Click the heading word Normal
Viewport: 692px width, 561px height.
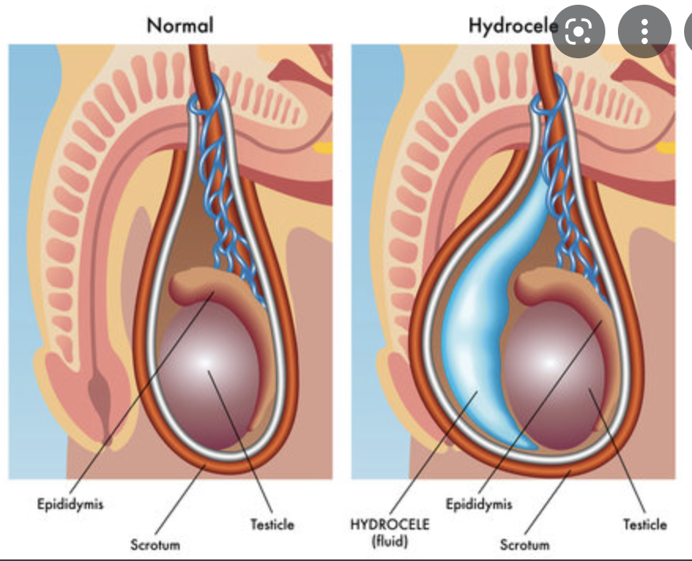(180, 25)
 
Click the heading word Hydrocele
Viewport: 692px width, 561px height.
(512, 25)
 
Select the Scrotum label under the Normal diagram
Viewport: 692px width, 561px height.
(155, 544)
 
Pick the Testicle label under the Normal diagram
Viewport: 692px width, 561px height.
(273, 524)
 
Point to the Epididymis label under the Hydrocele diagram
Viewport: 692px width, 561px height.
(478, 503)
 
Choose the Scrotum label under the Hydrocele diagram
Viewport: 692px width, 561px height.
(525, 544)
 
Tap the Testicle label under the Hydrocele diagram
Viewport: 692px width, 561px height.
(645, 524)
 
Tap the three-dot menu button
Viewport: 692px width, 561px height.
(645, 32)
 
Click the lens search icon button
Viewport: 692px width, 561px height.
(579, 32)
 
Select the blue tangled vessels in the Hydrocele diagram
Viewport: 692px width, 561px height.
(571, 205)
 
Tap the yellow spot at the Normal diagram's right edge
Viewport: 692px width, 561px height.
(322, 147)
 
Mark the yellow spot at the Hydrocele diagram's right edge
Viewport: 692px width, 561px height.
(666, 147)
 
